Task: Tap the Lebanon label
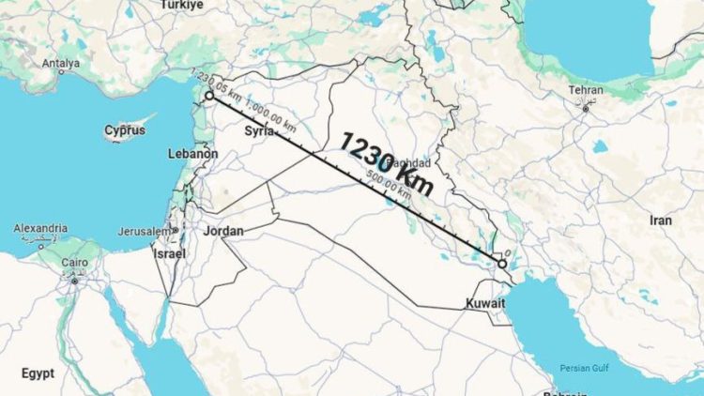(x=192, y=153)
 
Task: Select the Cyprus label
(x=125, y=130)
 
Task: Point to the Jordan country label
(x=223, y=231)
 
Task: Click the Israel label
(x=170, y=253)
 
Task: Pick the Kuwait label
(x=485, y=304)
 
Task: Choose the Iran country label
(x=661, y=220)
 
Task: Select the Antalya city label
(x=61, y=64)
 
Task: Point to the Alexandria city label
(x=40, y=228)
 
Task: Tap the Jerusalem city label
(x=145, y=231)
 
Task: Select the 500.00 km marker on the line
(x=388, y=186)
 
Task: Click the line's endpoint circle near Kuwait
(x=502, y=264)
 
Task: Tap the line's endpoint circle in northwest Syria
(x=208, y=95)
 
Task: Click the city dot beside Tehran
(x=585, y=109)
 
